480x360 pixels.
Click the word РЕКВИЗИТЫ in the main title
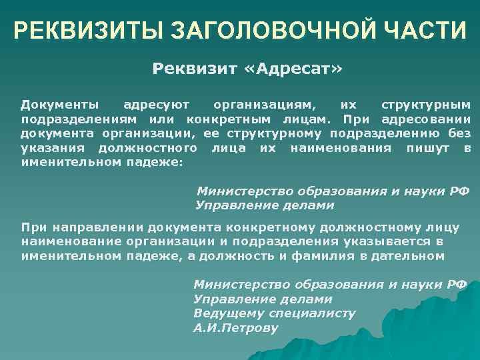point(89,31)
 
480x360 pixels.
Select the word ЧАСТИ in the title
point(420,31)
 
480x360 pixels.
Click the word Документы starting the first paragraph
point(61,105)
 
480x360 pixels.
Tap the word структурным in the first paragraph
point(425,105)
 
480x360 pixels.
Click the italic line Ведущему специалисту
point(274,313)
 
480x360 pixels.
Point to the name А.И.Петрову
point(235,327)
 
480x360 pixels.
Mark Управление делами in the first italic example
point(265,205)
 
